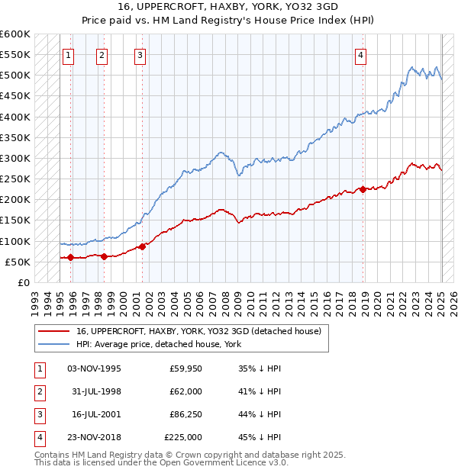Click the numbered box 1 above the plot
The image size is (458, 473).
pos(69,54)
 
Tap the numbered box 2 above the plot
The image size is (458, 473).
pos(102,54)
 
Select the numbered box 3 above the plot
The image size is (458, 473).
pos(140,54)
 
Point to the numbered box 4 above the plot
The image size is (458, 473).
pos(360,54)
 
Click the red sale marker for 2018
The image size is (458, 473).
pos(363,189)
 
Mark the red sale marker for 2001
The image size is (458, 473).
pos(142,246)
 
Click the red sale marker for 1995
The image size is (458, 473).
pos(70,257)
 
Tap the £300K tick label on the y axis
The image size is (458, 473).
pos(15,158)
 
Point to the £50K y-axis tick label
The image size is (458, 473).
pos(18,262)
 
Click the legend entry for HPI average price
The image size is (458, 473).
pos(158,344)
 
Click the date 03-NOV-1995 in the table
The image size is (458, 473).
pos(94,368)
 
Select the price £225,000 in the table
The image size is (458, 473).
pos(183,437)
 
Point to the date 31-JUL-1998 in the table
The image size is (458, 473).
pos(95,391)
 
